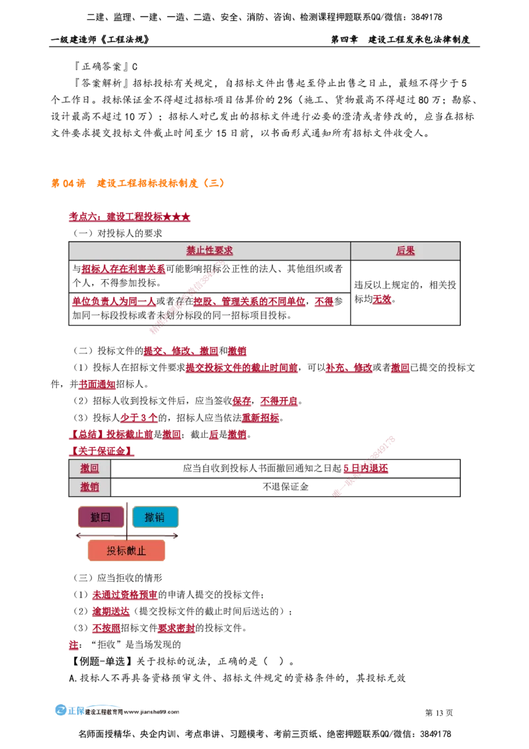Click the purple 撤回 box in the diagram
101,517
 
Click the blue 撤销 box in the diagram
155,517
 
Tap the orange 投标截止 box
126,551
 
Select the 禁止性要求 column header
210,250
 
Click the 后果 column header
405,250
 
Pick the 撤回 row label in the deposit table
90,468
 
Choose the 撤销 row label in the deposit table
90,487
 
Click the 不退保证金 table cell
286,487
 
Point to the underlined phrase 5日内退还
366,468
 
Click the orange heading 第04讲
68,183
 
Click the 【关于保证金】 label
101,451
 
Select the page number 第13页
439,713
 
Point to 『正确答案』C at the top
106,66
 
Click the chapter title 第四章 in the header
345,39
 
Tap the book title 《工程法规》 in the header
125,39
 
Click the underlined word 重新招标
261,418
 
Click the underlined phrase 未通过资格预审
124,594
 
